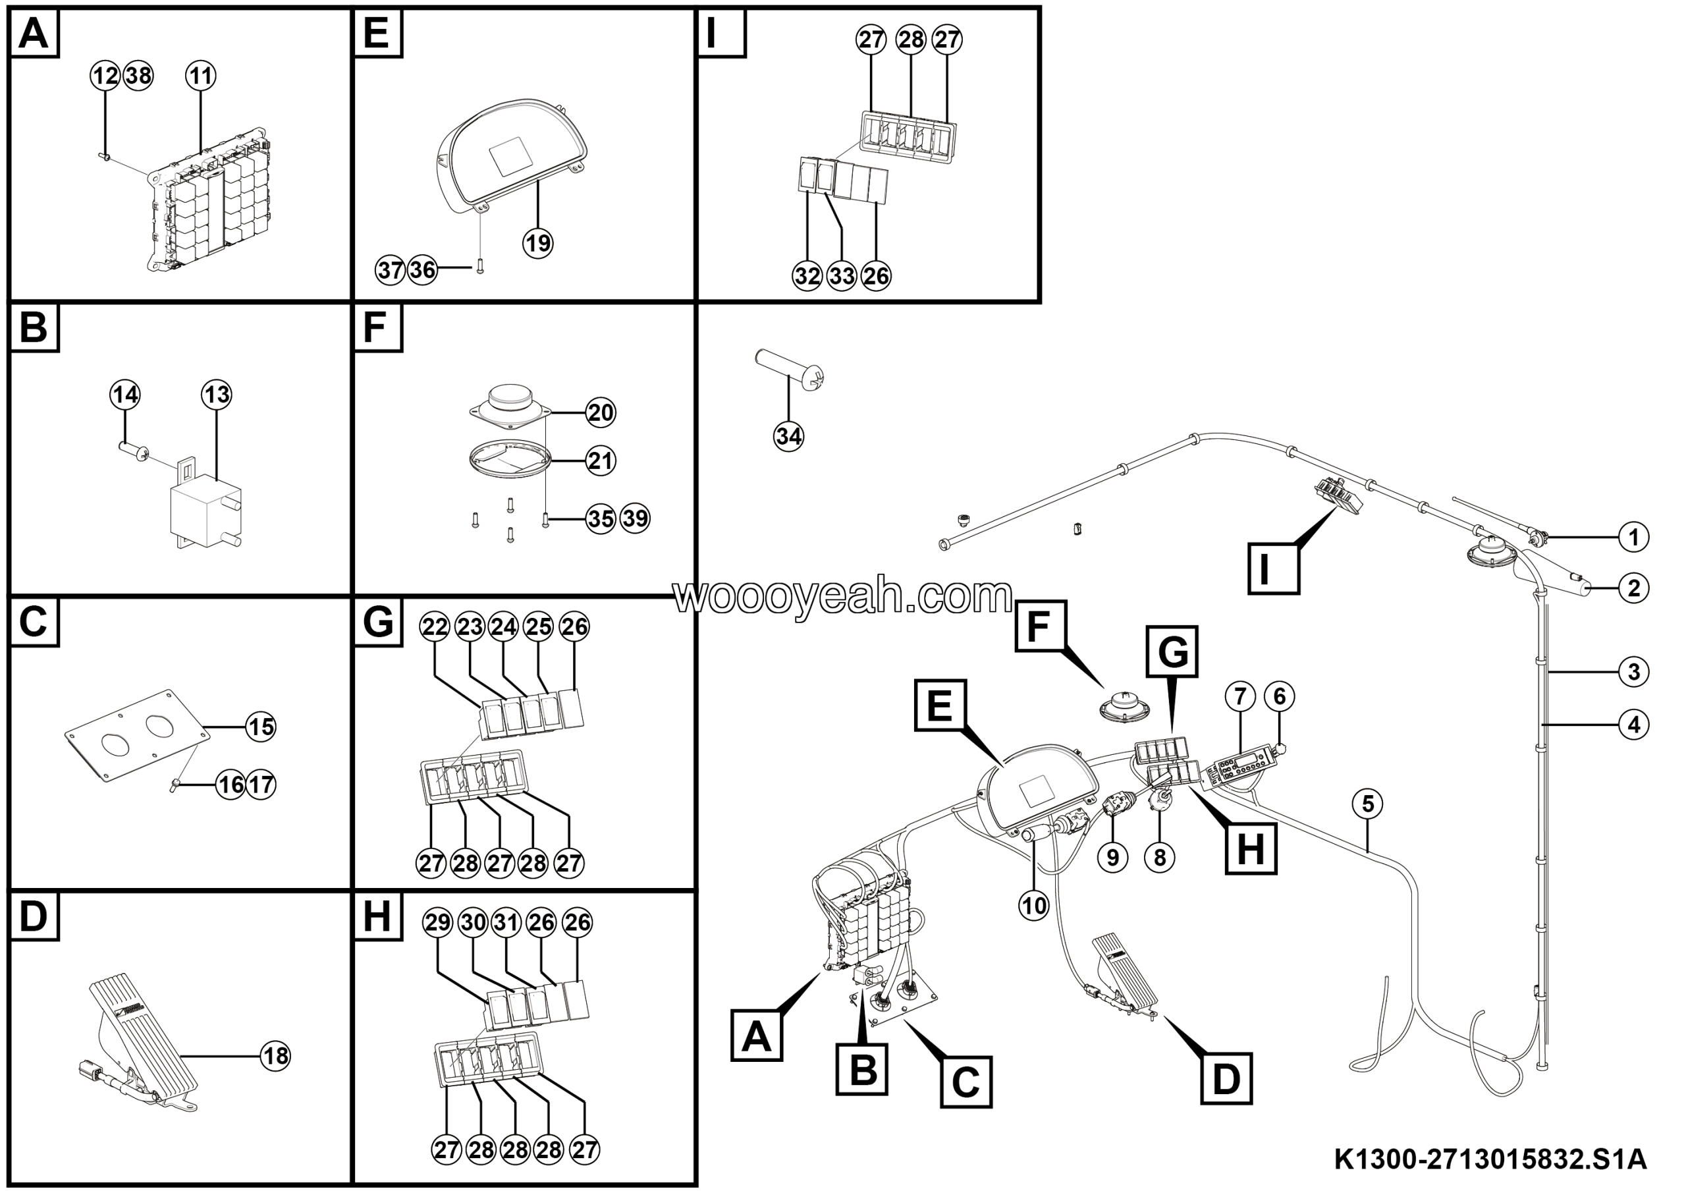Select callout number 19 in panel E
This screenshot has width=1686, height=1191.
coord(537,242)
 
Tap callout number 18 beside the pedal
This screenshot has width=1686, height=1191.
coord(275,1056)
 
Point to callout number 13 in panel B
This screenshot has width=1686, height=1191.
coord(217,395)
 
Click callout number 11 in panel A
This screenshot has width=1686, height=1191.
coord(200,76)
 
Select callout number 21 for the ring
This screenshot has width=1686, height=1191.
coord(601,460)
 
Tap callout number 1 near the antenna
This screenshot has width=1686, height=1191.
coord(1634,538)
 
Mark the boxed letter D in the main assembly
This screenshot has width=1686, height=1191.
coord(1226,1078)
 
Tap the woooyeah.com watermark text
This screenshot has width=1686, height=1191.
coord(843,596)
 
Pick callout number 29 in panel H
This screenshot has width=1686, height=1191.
coord(438,922)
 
